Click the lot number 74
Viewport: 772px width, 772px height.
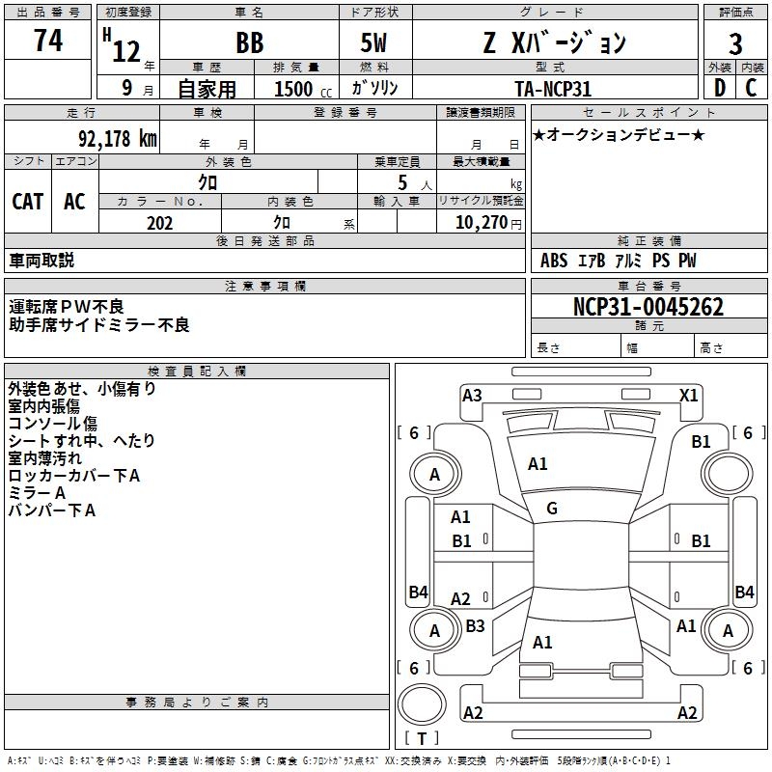point(47,41)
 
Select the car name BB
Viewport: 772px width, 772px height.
point(249,44)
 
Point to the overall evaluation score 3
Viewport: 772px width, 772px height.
point(735,44)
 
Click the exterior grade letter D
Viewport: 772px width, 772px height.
point(719,88)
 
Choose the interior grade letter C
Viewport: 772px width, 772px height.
point(752,88)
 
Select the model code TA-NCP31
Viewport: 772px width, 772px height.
point(553,88)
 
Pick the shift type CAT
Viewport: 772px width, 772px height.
point(28,201)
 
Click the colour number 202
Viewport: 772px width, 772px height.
point(159,223)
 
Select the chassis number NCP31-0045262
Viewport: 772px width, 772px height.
point(648,307)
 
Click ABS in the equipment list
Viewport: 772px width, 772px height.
point(554,261)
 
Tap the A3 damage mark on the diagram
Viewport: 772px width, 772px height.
point(472,395)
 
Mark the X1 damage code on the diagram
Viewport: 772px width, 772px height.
point(689,395)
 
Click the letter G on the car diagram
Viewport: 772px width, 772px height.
point(552,509)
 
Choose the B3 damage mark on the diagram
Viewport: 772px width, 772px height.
point(475,625)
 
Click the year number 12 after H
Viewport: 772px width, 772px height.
point(126,50)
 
